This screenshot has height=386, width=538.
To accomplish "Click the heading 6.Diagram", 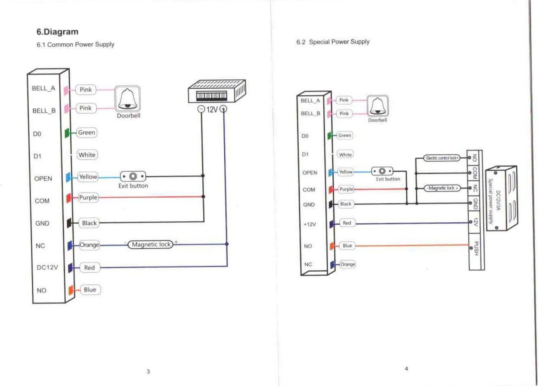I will pyautogui.click(x=57, y=31).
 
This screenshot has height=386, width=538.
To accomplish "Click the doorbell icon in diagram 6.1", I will pyautogui.click(x=127, y=99).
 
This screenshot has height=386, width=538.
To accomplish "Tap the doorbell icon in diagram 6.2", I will pyautogui.click(x=377, y=106).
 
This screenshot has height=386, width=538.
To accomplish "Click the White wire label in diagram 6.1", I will pyautogui.click(x=87, y=155).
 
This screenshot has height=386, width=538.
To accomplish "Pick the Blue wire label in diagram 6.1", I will pyautogui.click(x=90, y=290).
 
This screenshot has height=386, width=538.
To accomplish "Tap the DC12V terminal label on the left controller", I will pyautogui.click(x=47, y=268).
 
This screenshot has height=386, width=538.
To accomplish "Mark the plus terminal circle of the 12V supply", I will pyautogui.click(x=224, y=109).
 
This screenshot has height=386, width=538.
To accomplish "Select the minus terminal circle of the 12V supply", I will pyautogui.click(x=201, y=110).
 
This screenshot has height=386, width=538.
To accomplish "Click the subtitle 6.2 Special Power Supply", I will pyautogui.click(x=333, y=42).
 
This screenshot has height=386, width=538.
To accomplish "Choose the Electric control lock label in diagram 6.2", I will pyautogui.click(x=442, y=158).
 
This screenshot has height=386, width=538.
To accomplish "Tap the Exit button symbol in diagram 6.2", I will pyautogui.click(x=382, y=171).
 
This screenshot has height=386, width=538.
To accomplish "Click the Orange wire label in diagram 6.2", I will pyautogui.click(x=347, y=264).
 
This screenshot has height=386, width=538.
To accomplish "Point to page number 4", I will pyautogui.click(x=406, y=368).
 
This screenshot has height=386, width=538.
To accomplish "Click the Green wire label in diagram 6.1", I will pyautogui.click(x=86, y=132).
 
